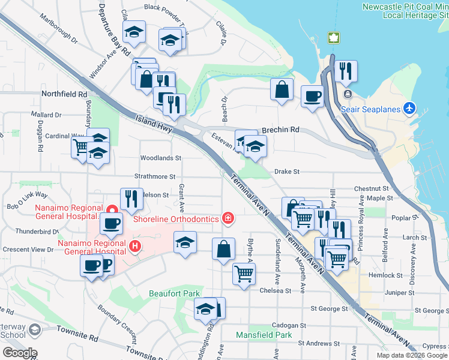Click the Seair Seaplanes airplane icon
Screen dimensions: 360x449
tap(410, 109)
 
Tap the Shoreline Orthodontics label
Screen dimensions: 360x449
tap(176, 219)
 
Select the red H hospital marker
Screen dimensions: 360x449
tap(135, 245)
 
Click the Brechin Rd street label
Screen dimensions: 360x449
tap(281, 130)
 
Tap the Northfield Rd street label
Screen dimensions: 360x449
tap(64, 94)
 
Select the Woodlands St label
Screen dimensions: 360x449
tap(160, 158)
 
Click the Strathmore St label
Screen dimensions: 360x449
tap(155, 177)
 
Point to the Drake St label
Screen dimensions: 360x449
tap(286, 172)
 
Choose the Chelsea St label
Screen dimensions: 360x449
tap(276, 290)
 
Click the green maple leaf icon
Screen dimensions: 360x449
tap(333, 38)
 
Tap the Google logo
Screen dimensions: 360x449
tap(19, 353)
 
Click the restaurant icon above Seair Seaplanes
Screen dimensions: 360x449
tap(345, 71)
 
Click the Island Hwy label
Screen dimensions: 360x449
tap(154, 124)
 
